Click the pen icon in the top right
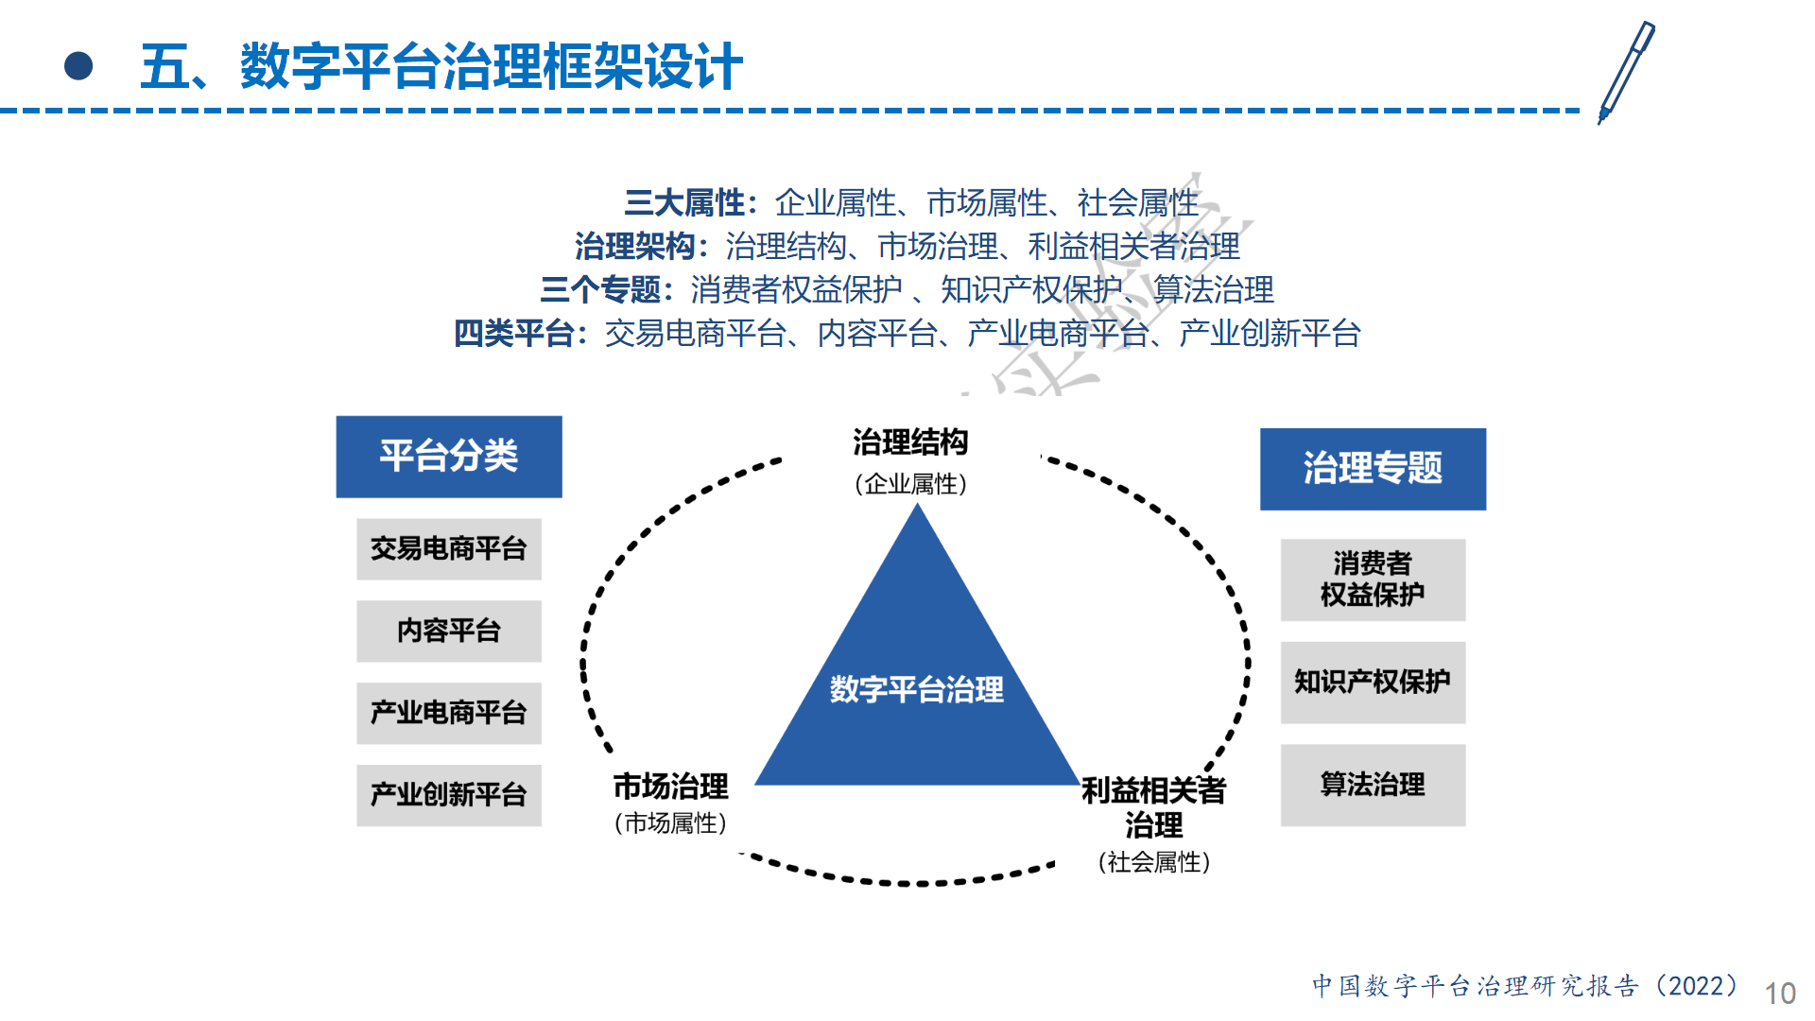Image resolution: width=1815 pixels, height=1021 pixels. (1626, 72)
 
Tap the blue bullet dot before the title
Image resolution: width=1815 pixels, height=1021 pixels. (78, 66)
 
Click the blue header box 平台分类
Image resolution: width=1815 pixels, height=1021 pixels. (449, 457)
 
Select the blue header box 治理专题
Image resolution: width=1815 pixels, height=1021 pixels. (1373, 469)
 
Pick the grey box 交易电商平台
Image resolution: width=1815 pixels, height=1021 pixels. (449, 549)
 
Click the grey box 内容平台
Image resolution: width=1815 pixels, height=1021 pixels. (449, 632)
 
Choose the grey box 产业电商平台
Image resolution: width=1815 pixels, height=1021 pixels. (449, 714)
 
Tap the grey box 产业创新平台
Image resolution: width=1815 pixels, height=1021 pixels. (449, 796)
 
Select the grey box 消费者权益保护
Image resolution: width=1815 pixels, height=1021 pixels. (1373, 580)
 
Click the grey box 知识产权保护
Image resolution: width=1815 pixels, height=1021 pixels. (1373, 683)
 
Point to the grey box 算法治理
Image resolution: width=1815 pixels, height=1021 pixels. (1373, 786)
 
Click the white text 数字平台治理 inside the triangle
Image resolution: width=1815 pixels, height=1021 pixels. (917, 690)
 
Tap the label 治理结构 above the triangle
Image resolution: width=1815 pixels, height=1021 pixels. (910, 442)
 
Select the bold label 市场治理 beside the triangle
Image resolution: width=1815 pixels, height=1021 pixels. (671, 787)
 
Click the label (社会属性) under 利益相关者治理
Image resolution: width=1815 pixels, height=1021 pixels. (1154, 862)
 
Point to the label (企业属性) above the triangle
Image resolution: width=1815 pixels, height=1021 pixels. (910, 484)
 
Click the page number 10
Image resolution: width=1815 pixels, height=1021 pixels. (1780, 994)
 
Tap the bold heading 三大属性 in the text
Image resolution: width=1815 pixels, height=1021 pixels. (685, 203)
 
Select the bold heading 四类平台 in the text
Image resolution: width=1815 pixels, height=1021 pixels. (515, 334)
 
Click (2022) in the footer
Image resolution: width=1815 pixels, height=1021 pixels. (1697, 986)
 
